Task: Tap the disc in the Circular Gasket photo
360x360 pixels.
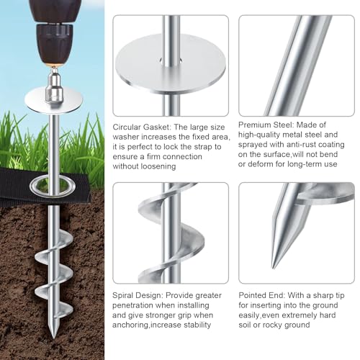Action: coord(169,64)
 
